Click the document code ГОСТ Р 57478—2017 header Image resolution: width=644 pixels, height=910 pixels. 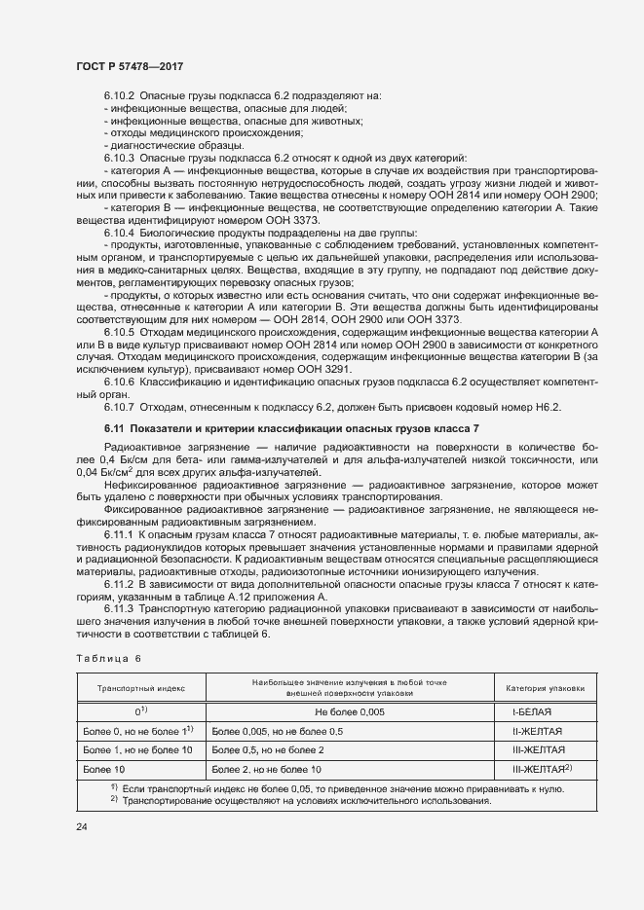tap(129, 65)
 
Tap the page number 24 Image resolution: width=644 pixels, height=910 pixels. tap(82, 827)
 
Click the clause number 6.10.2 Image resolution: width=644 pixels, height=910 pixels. tap(119, 95)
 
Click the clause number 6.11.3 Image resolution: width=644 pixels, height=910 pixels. tap(119, 608)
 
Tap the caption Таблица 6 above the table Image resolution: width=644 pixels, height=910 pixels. tap(108, 658)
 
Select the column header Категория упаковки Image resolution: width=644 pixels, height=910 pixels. tap(545, 688)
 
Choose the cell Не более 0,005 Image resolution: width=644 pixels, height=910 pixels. tap(350, 712)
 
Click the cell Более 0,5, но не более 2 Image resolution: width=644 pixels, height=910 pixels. tap(268, 750)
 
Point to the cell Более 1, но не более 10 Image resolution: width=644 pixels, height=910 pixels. tap(137, 750)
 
